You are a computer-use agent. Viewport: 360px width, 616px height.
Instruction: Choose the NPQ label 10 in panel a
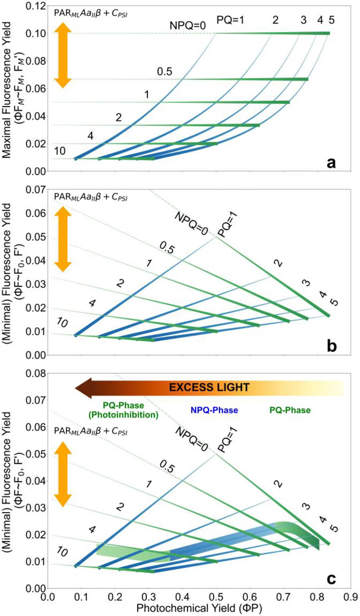[60, 150]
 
